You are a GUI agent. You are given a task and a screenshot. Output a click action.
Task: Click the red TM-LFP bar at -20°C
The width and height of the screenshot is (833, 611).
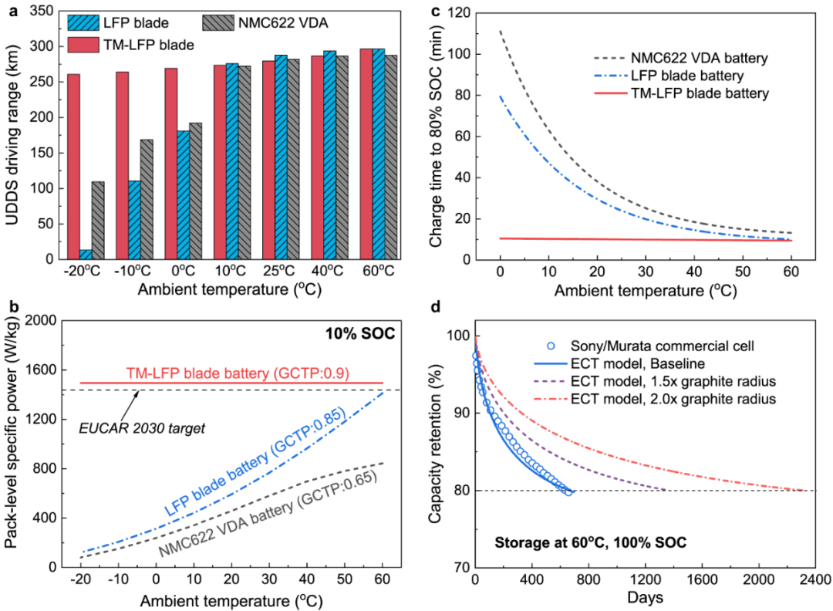click(x=74, y=167)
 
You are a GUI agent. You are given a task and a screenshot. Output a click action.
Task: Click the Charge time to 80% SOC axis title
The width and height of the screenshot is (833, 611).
click(x=440, y=136)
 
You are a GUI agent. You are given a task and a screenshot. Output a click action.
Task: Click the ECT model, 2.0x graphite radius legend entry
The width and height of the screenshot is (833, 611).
click(x=661, y=398)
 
